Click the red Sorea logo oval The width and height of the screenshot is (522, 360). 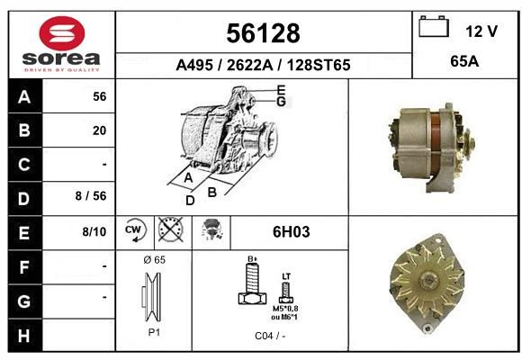tap(62, 33)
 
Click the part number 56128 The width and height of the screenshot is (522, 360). tap(263, 33)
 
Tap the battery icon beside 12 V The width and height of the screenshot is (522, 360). tap(434, 26)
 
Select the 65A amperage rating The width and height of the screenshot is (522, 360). tap(464, 61)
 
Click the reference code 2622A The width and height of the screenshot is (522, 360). tap(249, 65)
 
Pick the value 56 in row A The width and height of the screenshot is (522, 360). tap(100, 96)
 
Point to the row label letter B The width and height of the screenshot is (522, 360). tap(24, 130)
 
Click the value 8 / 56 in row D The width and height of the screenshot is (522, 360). tap(91, 196)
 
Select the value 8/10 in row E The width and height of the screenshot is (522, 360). tap(94, 231)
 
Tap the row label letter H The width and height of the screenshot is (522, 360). tap(24, 336)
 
